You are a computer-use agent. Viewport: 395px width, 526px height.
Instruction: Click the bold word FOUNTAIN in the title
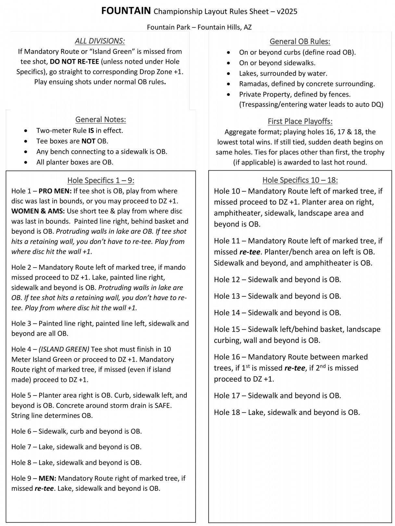(126, 11)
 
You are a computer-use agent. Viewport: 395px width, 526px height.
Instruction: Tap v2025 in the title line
(287, 12)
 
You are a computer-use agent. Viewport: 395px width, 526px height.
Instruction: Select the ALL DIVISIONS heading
(100, 41)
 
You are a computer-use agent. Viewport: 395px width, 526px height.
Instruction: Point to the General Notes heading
(100, 119)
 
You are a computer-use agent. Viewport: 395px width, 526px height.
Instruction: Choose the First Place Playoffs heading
(300, 121)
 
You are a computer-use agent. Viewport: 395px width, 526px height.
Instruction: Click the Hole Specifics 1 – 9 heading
(101, 181)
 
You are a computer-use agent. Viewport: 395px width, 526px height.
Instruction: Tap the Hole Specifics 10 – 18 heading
(300, 180)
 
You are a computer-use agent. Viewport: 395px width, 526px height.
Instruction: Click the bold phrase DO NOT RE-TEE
(74, 62)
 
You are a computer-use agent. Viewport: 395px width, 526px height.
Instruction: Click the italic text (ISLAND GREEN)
(64, 349)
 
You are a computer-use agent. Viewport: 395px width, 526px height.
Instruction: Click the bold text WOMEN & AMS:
(38, 211)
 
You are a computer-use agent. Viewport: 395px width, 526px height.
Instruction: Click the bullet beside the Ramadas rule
(229, 84)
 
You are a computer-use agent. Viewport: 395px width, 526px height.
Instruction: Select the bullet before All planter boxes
(26, 162)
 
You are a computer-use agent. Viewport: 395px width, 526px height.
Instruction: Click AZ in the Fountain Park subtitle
(248, 27)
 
